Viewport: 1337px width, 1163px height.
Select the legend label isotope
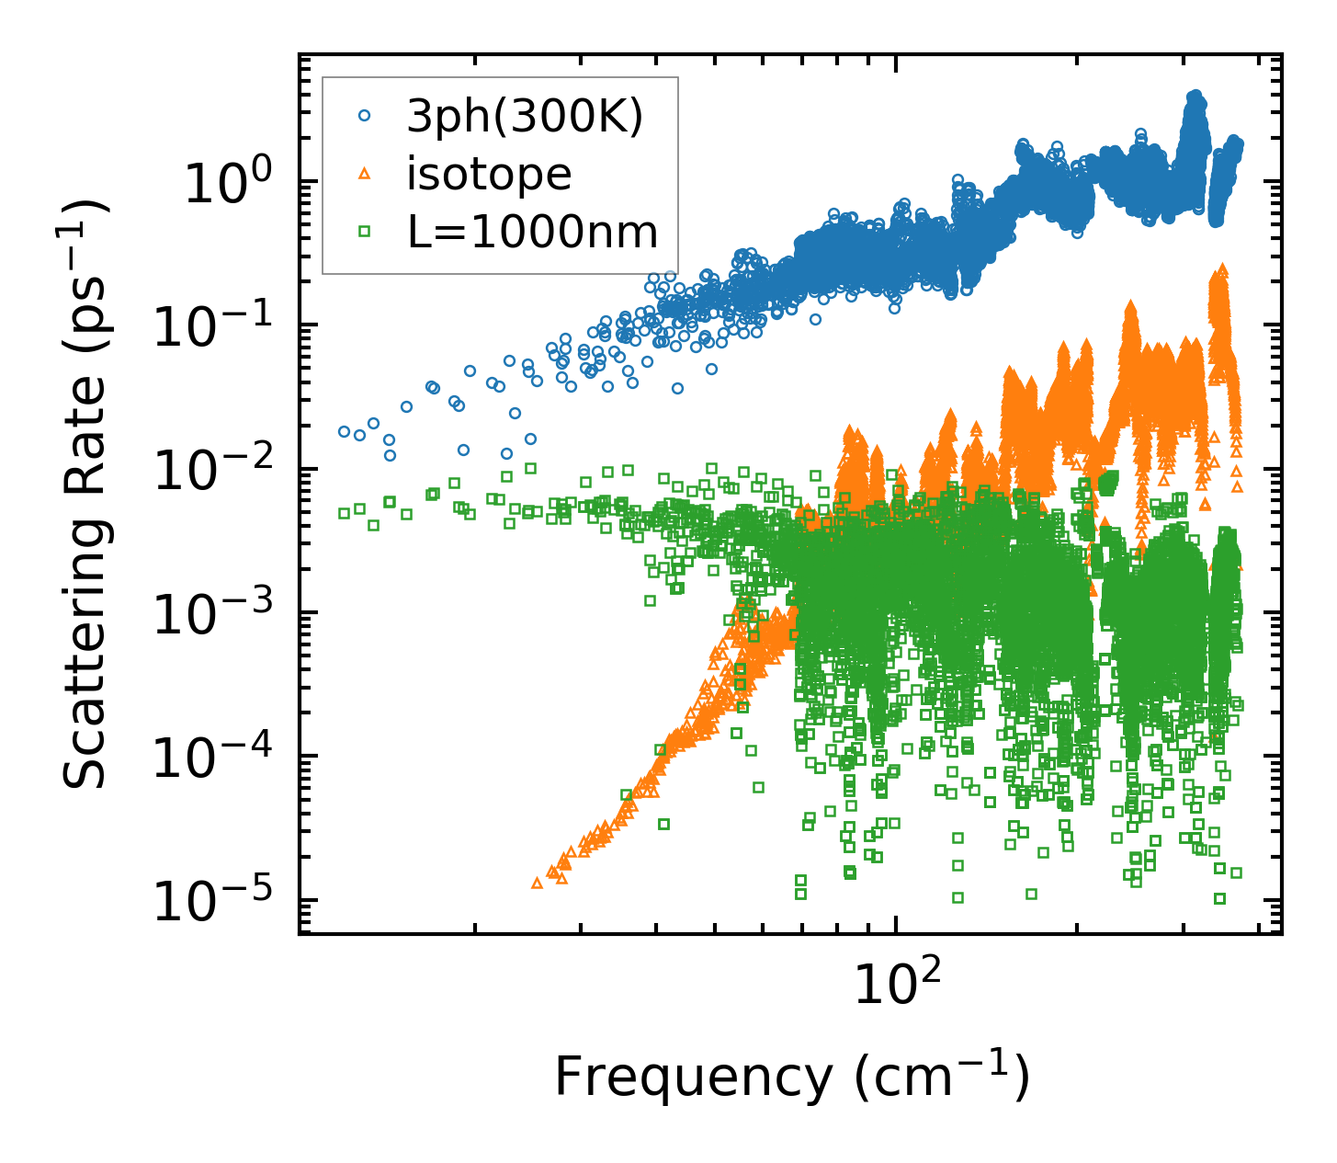pyautogui.click(x=489, y=175)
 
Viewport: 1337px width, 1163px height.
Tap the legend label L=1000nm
pyautogui.click(x=532, y=233)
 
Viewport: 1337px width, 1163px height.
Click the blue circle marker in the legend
pyautogui.click(x=365, y=116)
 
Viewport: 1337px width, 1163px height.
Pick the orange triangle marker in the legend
pyautogui.click(x=365, y=174)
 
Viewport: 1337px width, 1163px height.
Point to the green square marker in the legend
pyautogui.click(x=365, y=232)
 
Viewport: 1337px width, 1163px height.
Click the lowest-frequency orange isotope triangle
pyautogui.click(x=538, y=883)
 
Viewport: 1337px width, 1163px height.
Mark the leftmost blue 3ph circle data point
pyautogui.click(x=345, y=431)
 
